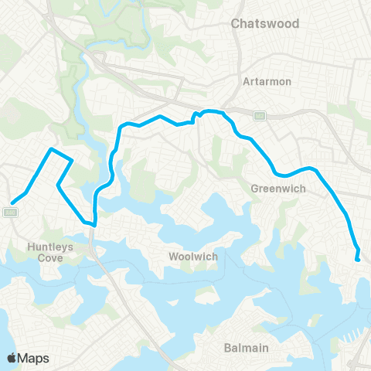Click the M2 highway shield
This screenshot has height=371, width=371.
(x=260, y=116)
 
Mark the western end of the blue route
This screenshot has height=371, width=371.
(x=12, y=203)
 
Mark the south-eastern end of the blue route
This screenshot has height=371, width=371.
(x=358, y=260)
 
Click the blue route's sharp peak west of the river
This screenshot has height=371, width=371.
(x=51, y=149)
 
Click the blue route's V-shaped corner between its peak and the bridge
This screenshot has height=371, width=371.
(x=58, y=185)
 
